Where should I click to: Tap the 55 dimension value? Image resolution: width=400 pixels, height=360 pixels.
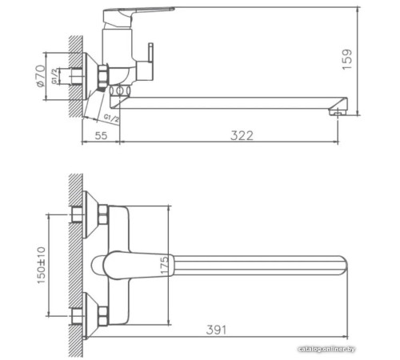101,135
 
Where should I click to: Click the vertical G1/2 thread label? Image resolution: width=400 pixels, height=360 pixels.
55,78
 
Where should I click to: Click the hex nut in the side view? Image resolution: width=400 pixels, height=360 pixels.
103,78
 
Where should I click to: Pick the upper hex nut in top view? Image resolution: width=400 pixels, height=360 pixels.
102,215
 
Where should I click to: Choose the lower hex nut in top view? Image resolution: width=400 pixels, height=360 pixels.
102,314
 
